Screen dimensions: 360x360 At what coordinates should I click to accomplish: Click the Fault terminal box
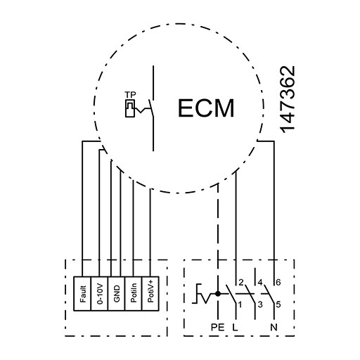[82, 294]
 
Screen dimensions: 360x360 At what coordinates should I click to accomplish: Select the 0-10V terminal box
[99, 294]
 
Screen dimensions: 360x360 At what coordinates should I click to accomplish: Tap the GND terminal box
[117, 294]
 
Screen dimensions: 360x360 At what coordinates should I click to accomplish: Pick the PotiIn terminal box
[134, 294]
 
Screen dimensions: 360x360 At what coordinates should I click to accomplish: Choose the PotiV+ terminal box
[150, 294]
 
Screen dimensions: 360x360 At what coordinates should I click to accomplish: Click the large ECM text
[206, 108]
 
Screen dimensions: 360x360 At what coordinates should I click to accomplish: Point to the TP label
[130, 95]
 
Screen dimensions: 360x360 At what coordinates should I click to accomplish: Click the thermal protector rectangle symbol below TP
[130, 108]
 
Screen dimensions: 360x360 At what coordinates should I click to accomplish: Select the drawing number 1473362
[288, 100]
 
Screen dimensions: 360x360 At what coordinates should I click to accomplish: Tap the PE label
[218, 327]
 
